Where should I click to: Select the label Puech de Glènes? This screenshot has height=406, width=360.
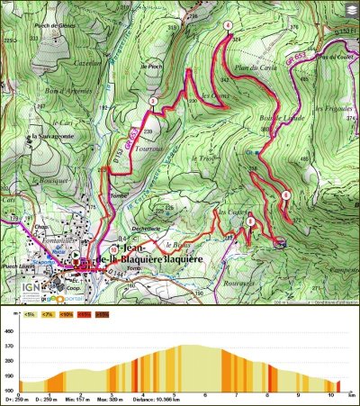tap(53, 26)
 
